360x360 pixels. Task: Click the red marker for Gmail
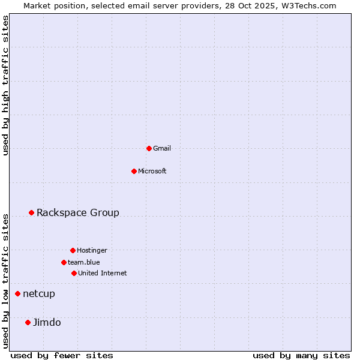click(149, 148)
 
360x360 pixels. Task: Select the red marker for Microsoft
click(134, 171)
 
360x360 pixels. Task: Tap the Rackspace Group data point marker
click(31, 212)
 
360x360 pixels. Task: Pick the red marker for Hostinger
click(73, 250)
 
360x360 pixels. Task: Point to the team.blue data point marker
click(64, 262)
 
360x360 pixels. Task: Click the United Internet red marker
click(74, 273)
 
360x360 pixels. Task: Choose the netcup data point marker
click(17, 293)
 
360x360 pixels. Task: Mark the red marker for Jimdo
click(28, 322)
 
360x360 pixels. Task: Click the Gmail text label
click(162, 148)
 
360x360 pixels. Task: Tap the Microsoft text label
click(152, 171)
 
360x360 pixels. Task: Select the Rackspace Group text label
click(78, 212)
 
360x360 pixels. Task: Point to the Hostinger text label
click(92, 250)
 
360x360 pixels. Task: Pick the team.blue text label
click(84, 262)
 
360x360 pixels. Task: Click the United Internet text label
click(103, 273)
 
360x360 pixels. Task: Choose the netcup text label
click(39, 293)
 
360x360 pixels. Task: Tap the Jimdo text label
click(47, 322)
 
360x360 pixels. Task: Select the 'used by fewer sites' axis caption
click(62, 355)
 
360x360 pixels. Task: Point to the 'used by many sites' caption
click(301, 355)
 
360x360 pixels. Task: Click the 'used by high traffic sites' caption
click(5, 85)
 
